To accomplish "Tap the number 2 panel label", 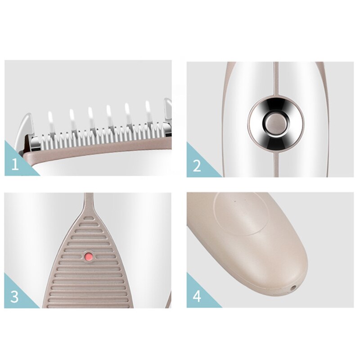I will tap(197, 166).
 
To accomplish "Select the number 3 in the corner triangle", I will tap(15, 297).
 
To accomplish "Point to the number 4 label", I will tap(197, 297).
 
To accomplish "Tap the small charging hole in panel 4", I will tap(293, 287).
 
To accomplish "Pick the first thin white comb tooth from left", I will tap(50, 121).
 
